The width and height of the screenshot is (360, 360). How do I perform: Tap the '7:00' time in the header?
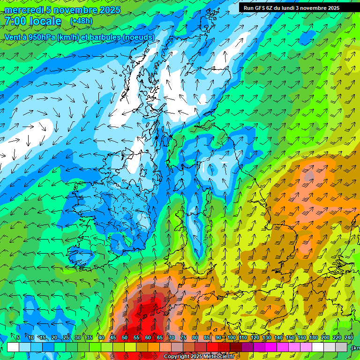click(15, 21)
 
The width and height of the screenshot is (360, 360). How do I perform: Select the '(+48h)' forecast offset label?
click(81, 21)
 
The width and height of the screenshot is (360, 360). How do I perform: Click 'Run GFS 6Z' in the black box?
click(259, 8)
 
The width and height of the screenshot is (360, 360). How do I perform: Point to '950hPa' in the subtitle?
click(40, 37)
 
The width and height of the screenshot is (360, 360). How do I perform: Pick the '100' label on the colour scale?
click(232, 338)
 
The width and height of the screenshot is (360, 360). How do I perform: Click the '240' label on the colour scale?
click(349, 338)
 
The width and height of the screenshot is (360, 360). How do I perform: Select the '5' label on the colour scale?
click(18, 338)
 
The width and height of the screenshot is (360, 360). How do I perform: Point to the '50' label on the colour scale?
click(125, 338)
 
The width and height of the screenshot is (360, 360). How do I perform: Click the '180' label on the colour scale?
click(314, 338)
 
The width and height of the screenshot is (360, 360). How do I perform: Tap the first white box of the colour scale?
click(13, 347)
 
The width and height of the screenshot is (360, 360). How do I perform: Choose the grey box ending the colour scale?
click(342, 347)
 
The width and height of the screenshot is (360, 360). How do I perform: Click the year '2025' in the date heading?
click(109, 10)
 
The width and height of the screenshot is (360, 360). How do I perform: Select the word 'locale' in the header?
click(45, 21)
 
